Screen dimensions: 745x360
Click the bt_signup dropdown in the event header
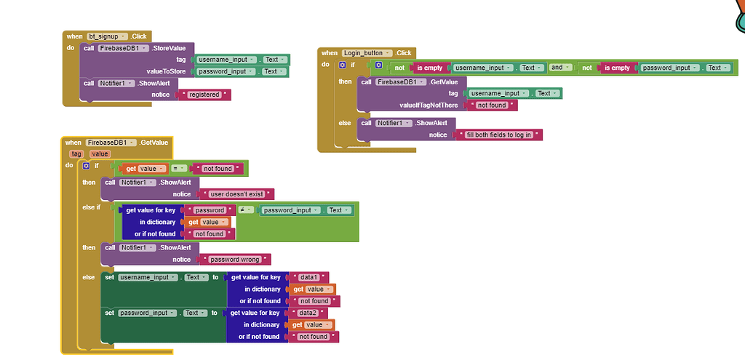pyautogui.click(x=108, y=36)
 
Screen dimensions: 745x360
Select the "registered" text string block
pyautogui.click(x=204, y=95)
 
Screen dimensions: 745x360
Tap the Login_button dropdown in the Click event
pyautogui.click(x=367, y=53)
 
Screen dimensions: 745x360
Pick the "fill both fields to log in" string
pyautogui.click(x=499, y=135)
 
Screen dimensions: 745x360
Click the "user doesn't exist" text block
pyautogui.click(x=236, y=194)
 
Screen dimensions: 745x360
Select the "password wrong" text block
pyautogui.click(x=235, y=260)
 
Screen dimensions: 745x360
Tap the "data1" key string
pyautogui.click(x=308, y=277)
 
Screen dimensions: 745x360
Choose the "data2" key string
pyautogui.click(x=308, y=313)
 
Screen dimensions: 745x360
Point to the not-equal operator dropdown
pyautogui.click(x=245, y=210)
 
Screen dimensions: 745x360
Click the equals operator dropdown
pyautogui.click(x=179, y=168)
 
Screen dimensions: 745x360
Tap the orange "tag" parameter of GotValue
pyautogui.click(x=76, y=154)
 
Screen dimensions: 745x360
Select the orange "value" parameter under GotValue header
pyautogui.click(x=100, y=154)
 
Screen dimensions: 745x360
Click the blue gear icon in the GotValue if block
pyautogui.click(x=87, y=166)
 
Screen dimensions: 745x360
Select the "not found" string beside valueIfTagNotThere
pyautogui.click(x=493, y=105)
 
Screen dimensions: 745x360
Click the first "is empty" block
pyautogui.click(x=429, y=68)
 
